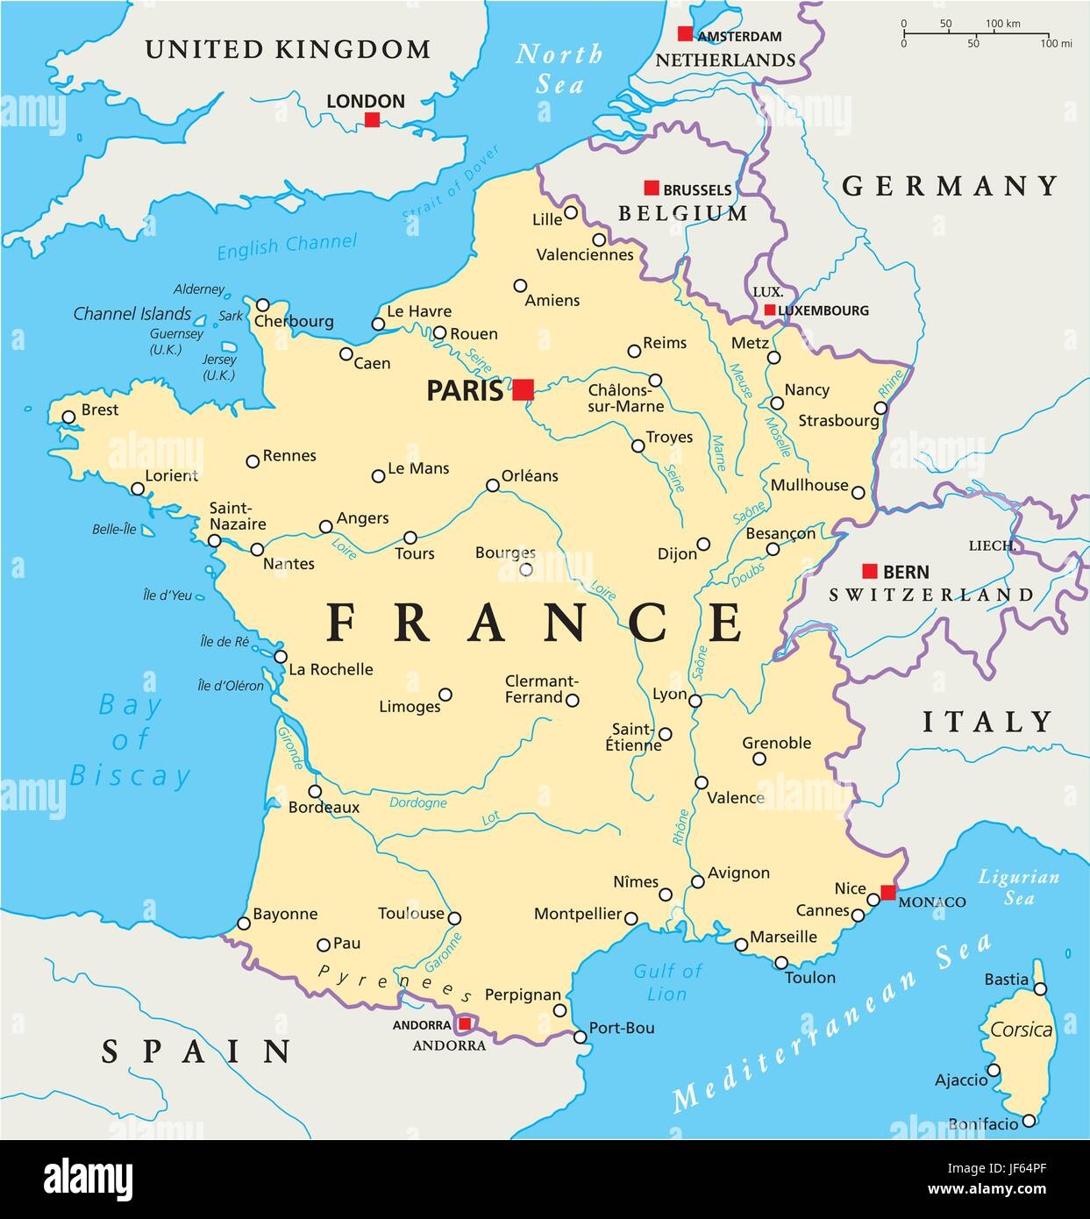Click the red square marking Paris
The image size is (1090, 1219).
[x=524, y=389]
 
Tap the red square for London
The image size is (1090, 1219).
[x=372, y=119]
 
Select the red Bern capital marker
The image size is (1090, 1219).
[x=869, y=571]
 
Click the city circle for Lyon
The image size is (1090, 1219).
[x=695, y=700]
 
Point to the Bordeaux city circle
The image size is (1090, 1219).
[x=315, y=791]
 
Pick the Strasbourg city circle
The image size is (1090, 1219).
[x=880, y=408]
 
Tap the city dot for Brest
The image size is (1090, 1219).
[x=68, y=417]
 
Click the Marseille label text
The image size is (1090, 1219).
[x=784, y=937]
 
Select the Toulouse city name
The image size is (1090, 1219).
[x=411, y=914]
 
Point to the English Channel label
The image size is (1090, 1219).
[x=287, y=246]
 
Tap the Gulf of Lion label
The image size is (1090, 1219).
[x=667, y=982]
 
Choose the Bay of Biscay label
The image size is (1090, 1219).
[x=130, y=740]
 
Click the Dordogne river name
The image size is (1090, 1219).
[x=417, y=802]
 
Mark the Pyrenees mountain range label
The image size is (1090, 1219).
[x=395, y=983]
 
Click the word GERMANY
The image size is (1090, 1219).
[x=951, y=186]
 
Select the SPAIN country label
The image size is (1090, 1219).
[x=196, y=1051]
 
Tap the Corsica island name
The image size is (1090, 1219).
[x=1022, y=1030]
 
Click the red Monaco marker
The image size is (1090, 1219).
[x=888, y=893]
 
